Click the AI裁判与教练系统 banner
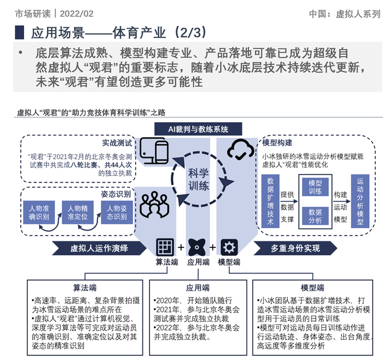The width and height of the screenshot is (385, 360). [198, 129]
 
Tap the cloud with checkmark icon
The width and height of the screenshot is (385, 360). [241, 149]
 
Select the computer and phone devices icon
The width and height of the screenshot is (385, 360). [154, 151]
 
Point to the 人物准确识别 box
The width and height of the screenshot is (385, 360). [39, 213]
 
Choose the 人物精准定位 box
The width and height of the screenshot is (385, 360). [78, 213]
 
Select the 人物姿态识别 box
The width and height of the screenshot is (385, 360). [117, 213]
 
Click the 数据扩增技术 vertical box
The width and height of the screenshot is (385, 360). [270, 201]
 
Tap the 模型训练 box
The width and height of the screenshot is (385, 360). [315, 187]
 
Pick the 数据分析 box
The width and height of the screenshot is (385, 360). [315, 216]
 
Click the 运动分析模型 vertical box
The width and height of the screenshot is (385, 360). [360, 201]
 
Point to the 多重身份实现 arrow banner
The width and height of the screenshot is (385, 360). [295, 248]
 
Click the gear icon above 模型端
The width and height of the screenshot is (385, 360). [229, 247]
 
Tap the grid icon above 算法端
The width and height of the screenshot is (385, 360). [165, 247]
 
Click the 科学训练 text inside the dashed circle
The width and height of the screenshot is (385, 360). [199, 179]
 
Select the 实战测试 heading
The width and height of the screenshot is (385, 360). [117, 143]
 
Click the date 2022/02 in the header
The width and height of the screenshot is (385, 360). [76, 14]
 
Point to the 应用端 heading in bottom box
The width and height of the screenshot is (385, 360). [198, 288]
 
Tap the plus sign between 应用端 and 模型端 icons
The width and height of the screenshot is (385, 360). [212, 247]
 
